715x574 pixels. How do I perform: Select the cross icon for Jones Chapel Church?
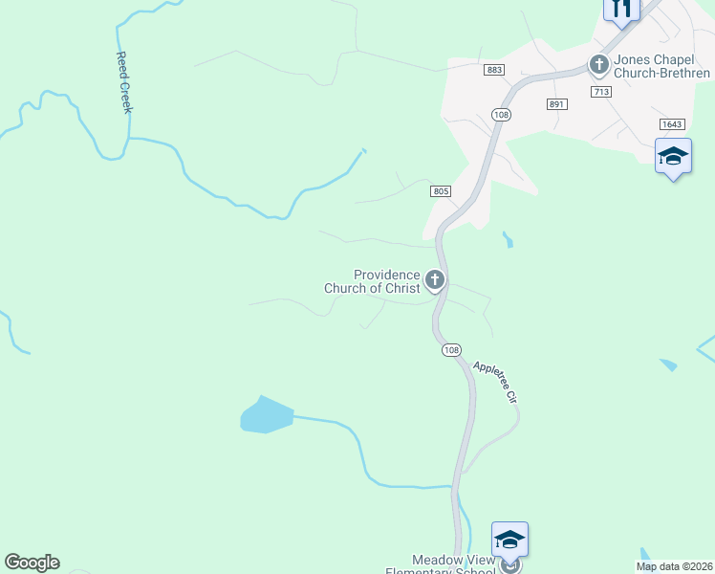click(x=599, y=65)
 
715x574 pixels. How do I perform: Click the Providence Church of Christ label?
click(x=372, y=281)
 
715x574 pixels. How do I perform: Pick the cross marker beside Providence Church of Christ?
click(x=435, y=280)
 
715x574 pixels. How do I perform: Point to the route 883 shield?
click(x=494, y=70)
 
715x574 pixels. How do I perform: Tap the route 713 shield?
click(x=601, y=92)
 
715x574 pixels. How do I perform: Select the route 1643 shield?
click(x=672, y=125)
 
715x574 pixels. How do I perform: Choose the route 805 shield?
click(x=441, y=191)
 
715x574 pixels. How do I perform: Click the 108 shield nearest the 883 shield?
click(x=501, y=114)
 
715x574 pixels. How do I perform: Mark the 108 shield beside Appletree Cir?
click(x=451, y=350)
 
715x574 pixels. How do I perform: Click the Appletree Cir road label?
click(x=495, y=382)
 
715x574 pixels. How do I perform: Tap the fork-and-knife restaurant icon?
click(x=621, y=10)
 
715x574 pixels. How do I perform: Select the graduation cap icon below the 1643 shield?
click(x=673, y=156)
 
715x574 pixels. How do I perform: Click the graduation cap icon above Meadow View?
click(x=509, y=540)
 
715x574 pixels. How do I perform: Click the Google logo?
click(x=32, y=563)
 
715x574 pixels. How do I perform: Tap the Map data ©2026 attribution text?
click(x=674, y=566)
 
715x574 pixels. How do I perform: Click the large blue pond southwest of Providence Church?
click(x=265, y=415)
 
